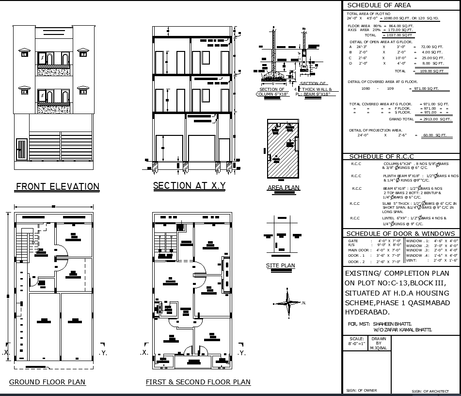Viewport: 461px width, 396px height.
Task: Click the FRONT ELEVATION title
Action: pyautogui.click(x=58, y=187)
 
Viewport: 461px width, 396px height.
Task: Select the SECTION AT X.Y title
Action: pyautogui.click(x=189, y=185)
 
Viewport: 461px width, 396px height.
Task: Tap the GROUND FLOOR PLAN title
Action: pyautogui.click(x=48, y=382)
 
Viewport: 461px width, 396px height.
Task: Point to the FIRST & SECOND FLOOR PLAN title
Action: pyautogui.click(x=198, y=382)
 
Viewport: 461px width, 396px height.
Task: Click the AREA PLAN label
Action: pyautogui.click(x=284, y=188)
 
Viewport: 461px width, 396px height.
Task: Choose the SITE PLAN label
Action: pyautogui.click(x=280, y=265)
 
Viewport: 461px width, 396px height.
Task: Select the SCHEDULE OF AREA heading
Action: pyautogui.click(x=379, y=5)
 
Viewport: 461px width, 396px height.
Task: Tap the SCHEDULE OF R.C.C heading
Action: pyautogui.click(x=382, y=156)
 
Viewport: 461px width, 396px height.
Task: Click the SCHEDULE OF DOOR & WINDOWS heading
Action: pyautogui.click(x=401, y=233)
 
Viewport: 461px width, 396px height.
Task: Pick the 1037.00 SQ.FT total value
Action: pyautogui.click(x=397, y=35)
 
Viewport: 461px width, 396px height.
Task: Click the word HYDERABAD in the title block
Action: pyautogui.click(x=367, y=312)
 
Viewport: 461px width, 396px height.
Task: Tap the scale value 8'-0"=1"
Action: pyautogui.click(x=355, y=343)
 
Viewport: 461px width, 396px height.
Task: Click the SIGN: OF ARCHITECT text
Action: pyautogui.click(x=429, y=391)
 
